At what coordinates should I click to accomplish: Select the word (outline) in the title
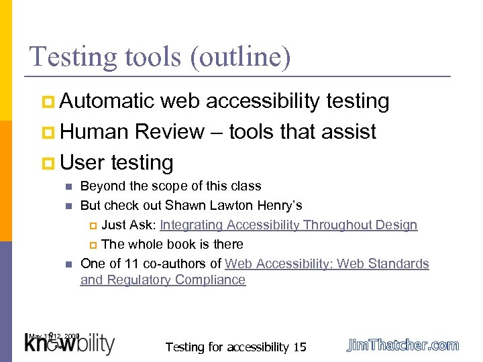[241, 58]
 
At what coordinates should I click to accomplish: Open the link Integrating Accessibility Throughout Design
[288, 225]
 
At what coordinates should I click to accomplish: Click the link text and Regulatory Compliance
[163, 280]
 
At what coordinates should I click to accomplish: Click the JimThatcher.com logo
[402, 345]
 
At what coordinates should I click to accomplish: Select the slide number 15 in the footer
[300, 347]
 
